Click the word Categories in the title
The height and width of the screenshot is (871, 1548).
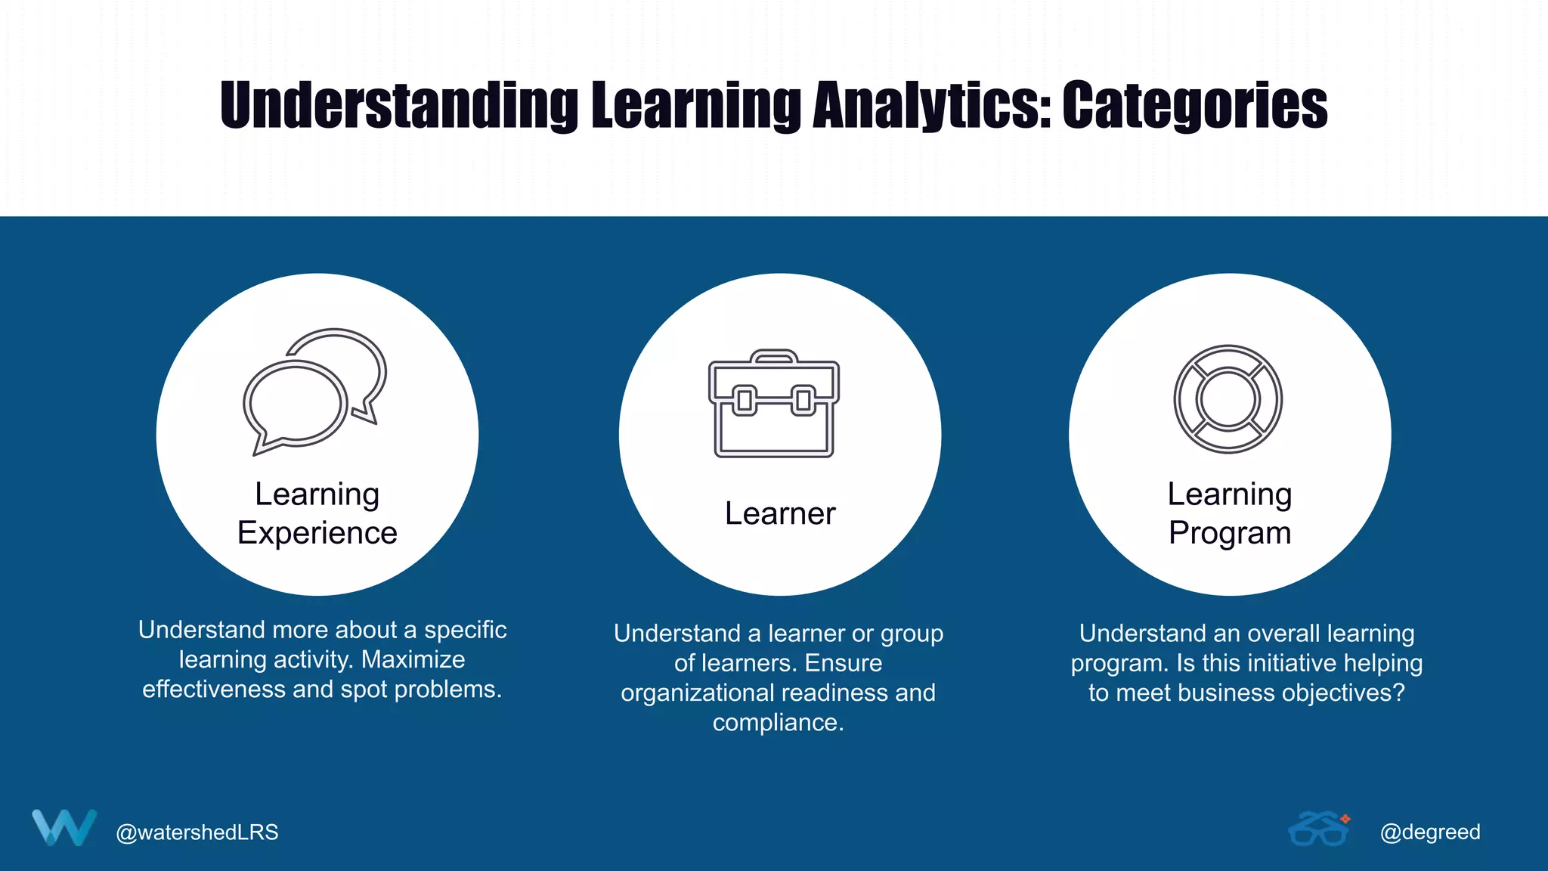pos(1194,106)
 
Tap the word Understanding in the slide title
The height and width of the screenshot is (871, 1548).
pos(399,106)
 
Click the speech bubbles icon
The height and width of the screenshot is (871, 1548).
pos(314,392)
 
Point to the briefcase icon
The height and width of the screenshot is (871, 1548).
pos(774,405)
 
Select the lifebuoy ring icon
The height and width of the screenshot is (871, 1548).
pos(1228,399)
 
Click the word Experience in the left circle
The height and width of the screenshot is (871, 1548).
pos(317,533)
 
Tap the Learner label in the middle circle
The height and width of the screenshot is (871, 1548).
pos(780,513)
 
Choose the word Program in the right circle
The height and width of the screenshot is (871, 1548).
pos(1230,533)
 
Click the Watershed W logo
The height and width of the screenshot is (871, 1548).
pos(64,828)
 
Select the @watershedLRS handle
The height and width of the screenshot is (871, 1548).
pos(197,832)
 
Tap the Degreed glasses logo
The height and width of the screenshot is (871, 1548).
pos(1319,829)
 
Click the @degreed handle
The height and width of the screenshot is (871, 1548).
pos(1430,832)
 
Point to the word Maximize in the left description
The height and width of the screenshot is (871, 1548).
pos(413,659)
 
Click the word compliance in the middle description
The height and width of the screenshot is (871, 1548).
pos(778,723)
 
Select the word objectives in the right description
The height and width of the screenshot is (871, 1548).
pos(1326,693)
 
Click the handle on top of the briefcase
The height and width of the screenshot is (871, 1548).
pos(774,356)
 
